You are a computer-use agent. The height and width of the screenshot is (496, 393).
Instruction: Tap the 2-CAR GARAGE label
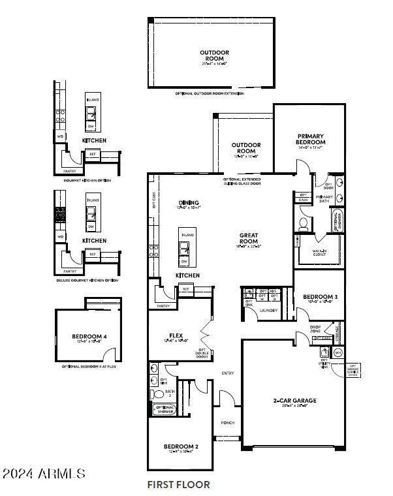tap(295, 401)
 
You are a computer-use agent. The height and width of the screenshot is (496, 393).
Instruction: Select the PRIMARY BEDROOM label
tap(311, 139)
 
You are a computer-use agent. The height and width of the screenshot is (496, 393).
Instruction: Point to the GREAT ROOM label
tap(249, 238)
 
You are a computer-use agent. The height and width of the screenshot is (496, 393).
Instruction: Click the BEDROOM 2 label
tap(180, 447)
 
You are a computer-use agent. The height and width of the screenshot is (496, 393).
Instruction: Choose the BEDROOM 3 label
tap(320, 298)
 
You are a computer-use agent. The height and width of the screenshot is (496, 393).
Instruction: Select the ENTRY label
tap(228, 373)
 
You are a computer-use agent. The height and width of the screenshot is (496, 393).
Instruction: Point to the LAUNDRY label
tap(269, 310)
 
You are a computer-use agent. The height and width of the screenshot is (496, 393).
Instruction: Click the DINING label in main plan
tap(188, 203)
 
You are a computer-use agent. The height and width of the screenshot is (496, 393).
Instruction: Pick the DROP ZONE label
tap(315, 329)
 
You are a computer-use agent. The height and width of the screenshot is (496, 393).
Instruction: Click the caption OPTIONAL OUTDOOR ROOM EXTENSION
tap(210, 94)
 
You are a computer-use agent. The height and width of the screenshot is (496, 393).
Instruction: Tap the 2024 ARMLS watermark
tap(43, 473)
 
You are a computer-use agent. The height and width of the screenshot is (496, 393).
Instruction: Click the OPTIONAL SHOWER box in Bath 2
tap(165, 409)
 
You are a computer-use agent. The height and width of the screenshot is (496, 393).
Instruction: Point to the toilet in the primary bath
tap(304, 224)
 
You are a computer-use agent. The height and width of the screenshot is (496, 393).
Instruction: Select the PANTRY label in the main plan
tap(163, 305)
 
